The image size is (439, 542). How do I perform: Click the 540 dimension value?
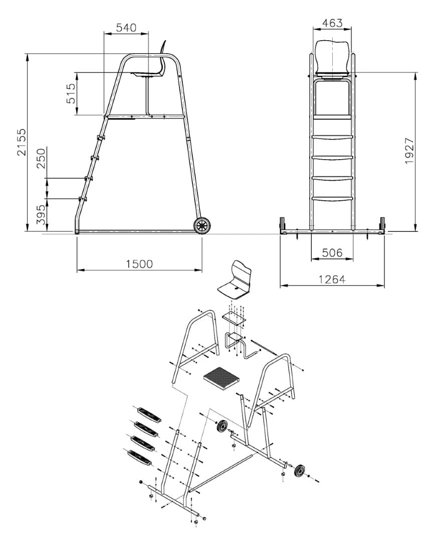click(x=126, y=28)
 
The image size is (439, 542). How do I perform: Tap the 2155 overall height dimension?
click(x=22, y=142)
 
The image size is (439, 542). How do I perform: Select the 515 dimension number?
click(x=71, y=93)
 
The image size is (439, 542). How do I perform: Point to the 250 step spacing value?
click(x=41, y=158)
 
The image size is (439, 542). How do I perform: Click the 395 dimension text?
click(x=41, y=214)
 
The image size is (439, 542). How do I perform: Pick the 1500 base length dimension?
click(x=139, y=264)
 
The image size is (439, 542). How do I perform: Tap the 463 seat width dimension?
click(x=332, y=23)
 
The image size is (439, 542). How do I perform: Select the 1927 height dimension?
click(x=409, y=151)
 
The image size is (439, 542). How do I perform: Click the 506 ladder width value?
click(x=332, y=252)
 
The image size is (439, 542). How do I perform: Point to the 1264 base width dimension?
click(x=332, y=279)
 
